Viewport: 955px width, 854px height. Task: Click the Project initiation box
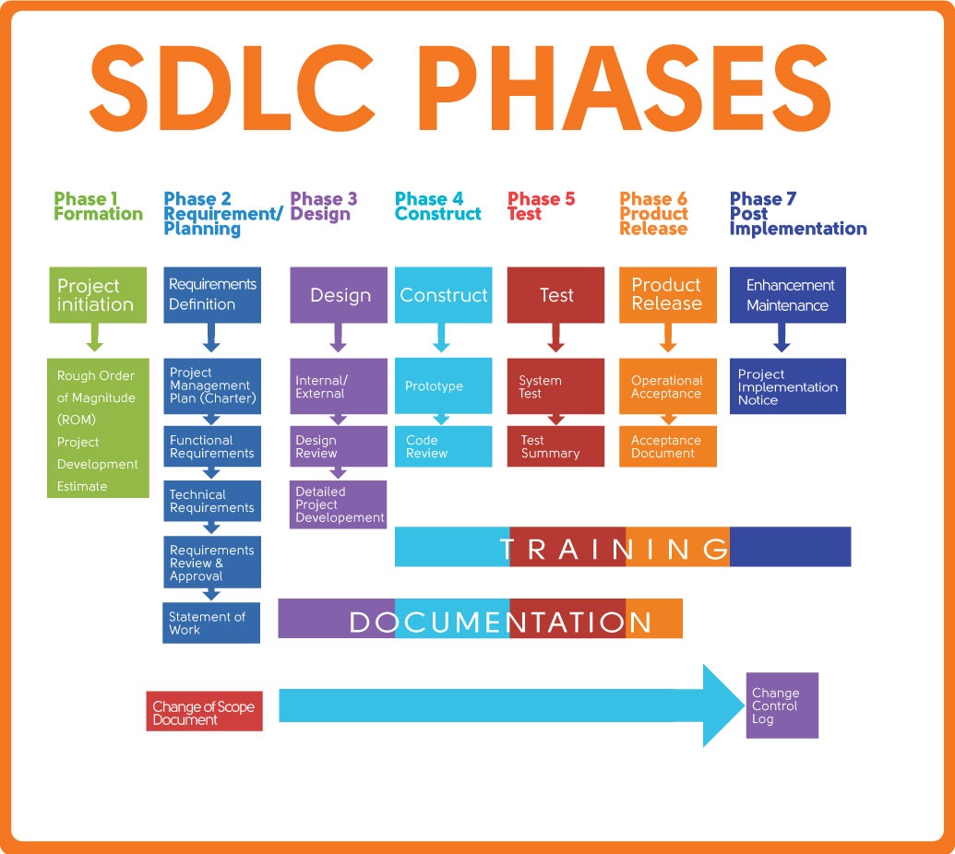98,295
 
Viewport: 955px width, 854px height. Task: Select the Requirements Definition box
211,295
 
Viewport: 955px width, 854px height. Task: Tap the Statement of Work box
211,623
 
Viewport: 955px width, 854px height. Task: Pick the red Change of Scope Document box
204,712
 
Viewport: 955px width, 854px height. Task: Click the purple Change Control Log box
782,706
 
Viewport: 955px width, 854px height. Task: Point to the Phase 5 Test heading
541,207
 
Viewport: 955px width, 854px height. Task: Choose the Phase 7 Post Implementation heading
797,214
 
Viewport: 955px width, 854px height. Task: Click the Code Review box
443,447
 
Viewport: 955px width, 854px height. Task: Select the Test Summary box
555,447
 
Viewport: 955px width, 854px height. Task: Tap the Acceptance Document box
668,447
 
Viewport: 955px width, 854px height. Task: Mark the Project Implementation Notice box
787,387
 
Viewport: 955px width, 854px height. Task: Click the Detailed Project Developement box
339,504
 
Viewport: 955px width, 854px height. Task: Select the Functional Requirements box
211,447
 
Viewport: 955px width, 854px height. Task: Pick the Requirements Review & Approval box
211,563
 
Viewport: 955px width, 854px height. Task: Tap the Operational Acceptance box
668,387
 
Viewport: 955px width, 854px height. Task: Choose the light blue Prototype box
443,386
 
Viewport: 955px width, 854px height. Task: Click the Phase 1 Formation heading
98,207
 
